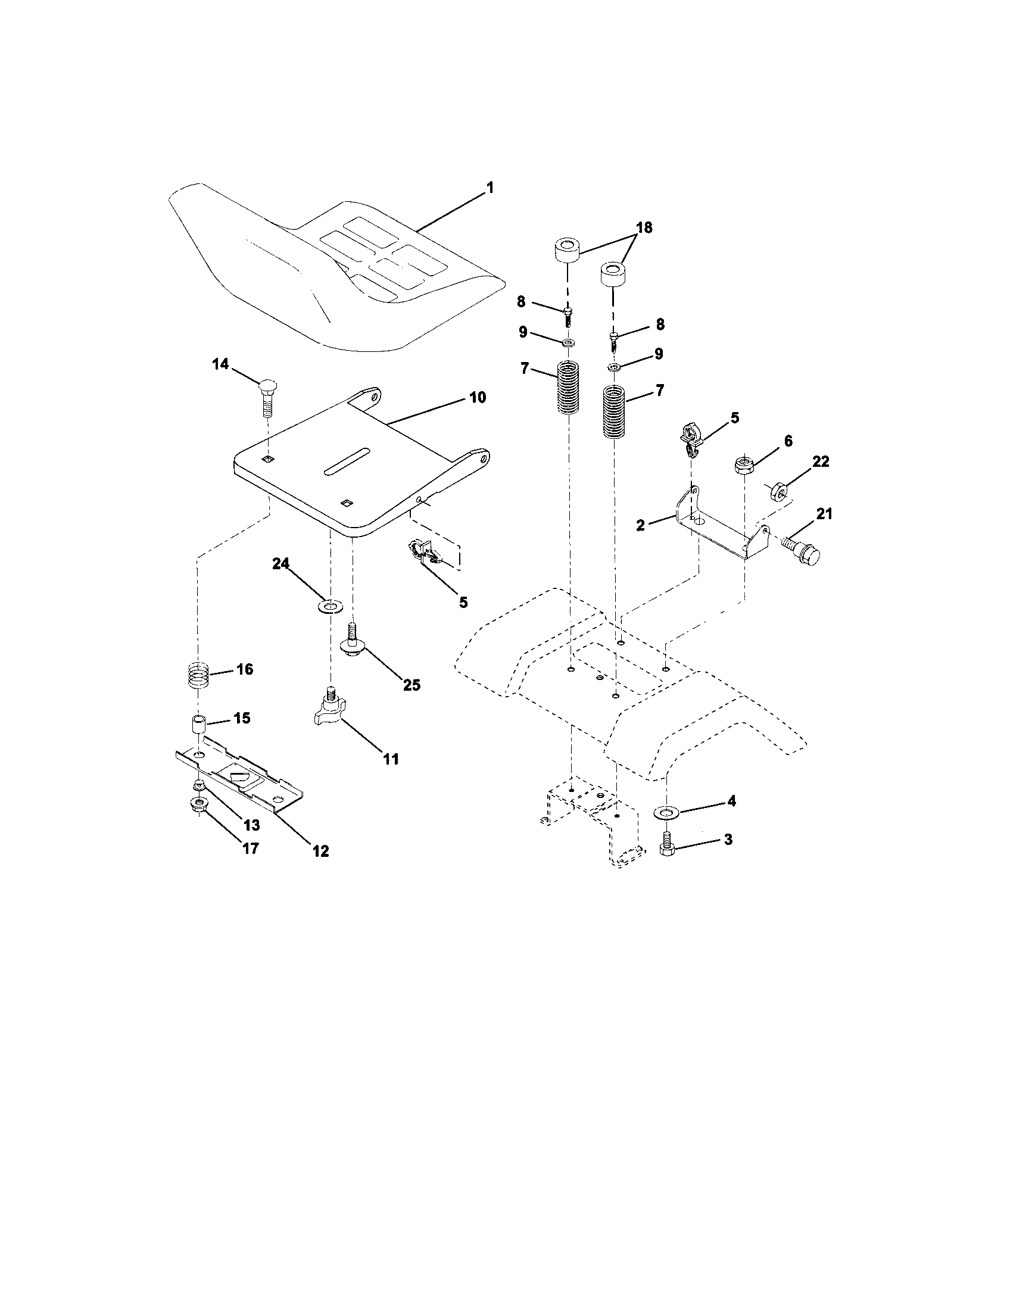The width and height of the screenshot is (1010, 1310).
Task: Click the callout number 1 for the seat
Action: (490, 188)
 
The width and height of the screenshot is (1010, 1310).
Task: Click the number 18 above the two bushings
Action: (644, 227)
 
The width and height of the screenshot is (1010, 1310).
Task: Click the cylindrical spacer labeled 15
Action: (198, 724)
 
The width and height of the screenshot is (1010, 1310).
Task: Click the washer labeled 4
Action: (665, 813)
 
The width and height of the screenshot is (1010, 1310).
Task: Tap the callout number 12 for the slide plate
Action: (321, 850)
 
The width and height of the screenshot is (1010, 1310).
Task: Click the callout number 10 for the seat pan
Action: (478, 397)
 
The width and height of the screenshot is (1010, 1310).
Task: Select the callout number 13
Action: (251, 826)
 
